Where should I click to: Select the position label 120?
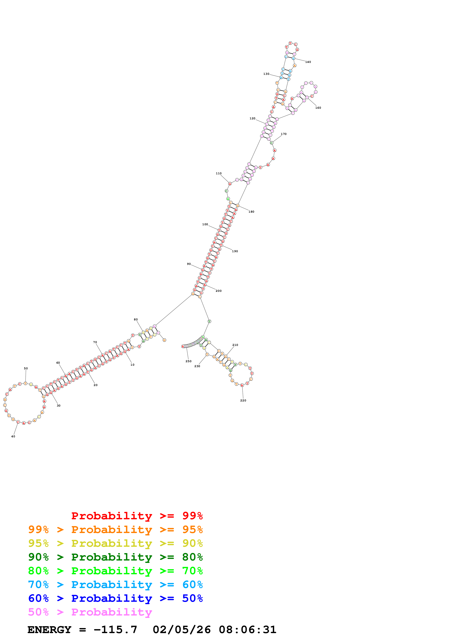pyautogui.click(x=252, y=118)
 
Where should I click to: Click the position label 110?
pyautogui.click(x=219, y=174)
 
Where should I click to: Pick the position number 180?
pyautogui.click(x=251, y=212)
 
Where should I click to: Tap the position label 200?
pyautogui.click(x=218, y=291)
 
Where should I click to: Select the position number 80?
pyautogui.click(x=136, y=319)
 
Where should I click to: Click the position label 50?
pyautogui.click(x=26, y=369)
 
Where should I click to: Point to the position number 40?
pyautogui.click(x=13, y=436)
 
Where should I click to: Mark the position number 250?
pyautogui.click(x=188, y=361)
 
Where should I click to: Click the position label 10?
pyautogui.click(x=132, y=365)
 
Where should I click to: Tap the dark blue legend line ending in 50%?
pyautogui.click(x=115, y=598)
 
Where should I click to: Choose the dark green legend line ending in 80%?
pyautogui.click(x=115, y=557)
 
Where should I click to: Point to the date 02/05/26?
pyautogui.click(x=182, y=630)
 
